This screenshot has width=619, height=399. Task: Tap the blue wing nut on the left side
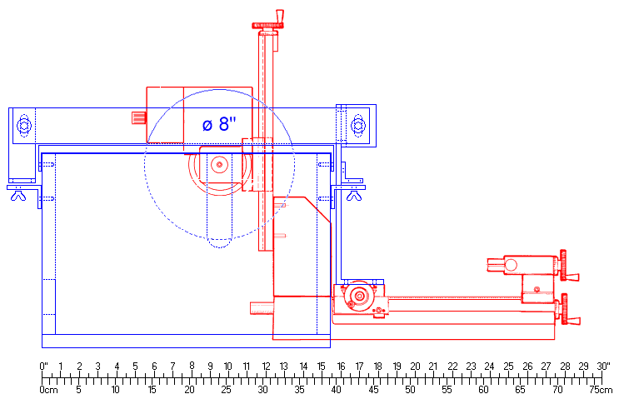(x=20, y=196)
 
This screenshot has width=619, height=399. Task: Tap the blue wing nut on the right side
(x=354, y=196)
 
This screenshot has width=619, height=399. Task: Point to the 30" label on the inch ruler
(x=604, y=366)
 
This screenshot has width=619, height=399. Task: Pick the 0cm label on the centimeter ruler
(x=48, y=389)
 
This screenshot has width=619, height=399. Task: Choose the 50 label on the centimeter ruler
(x=410, y=389)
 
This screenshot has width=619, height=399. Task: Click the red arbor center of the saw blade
(x=219, y=165)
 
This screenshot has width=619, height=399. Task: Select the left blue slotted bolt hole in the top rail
(x=24, y=126)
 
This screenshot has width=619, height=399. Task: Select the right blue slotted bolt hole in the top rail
(x=358, y=126)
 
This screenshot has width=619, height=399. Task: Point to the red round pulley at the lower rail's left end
(x=359, y=296)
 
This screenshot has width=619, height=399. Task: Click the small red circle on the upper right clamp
(x=511, y=265)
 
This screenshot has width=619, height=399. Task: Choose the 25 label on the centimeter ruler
(x=226, y=389)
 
